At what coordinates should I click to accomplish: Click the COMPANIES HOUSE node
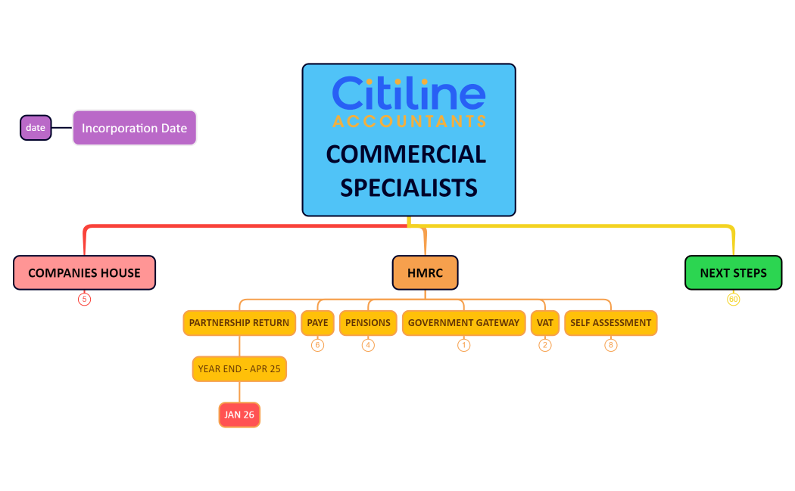click(84, 272)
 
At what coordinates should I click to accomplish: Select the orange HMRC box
click(425, 272)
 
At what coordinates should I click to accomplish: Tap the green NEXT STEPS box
click(733, 272)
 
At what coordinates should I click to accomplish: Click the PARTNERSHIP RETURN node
click(239, 323)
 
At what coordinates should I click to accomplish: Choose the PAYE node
click(318, 323)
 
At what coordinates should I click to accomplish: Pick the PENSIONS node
click(368, 323)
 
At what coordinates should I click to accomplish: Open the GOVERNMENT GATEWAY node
click(463, 323)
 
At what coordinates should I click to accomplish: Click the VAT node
click(545, 323)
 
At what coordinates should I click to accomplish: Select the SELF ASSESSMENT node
click(610, 323)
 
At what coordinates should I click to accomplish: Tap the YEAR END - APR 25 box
click(239, 369)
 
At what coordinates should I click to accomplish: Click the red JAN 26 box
click(239, 415)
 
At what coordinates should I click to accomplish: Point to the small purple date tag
click(36, 128)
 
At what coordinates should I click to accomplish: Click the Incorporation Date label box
click(135, 128)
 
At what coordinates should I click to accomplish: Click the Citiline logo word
click(409, 93)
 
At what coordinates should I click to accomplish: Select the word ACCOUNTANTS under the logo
click(409, 121)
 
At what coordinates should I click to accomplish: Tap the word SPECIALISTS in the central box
click(409, 187)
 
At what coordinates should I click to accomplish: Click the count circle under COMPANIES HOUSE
click(84, 300)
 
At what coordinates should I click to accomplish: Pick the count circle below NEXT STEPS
click(733, 300)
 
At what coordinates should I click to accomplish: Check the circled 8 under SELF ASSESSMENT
click(611, 345)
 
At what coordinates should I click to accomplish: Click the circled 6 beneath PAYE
click(318, 345)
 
